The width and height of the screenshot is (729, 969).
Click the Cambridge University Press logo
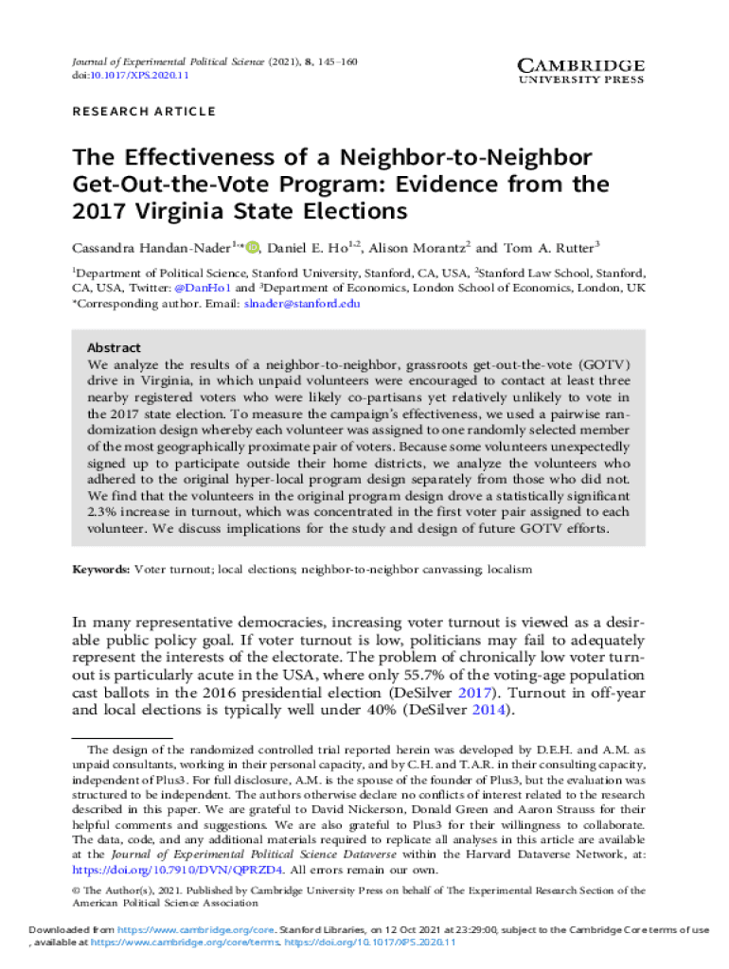tap(580, 71)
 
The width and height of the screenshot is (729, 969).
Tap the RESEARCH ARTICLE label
tap(144, 112)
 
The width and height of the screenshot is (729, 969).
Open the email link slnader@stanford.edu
tap(302, 304)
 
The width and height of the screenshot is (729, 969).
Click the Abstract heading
tap(114, 348)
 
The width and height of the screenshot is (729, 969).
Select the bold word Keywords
tap(101, 570)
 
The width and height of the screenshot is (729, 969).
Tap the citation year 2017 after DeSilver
tap(484, 694)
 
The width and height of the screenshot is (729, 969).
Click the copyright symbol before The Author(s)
tap(78, 890)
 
